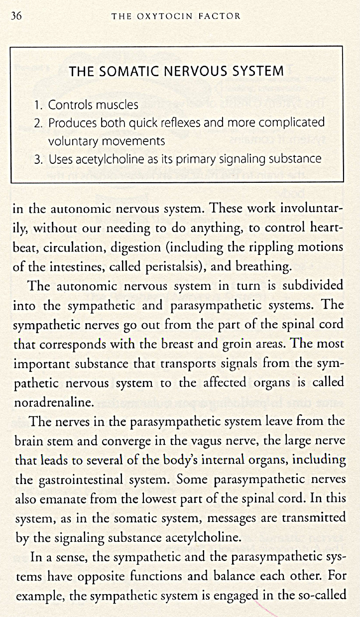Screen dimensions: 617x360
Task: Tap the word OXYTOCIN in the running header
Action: pos(165,16)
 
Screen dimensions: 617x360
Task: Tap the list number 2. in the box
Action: pos(39,123)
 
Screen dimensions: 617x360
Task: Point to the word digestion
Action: pos(132,247)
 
